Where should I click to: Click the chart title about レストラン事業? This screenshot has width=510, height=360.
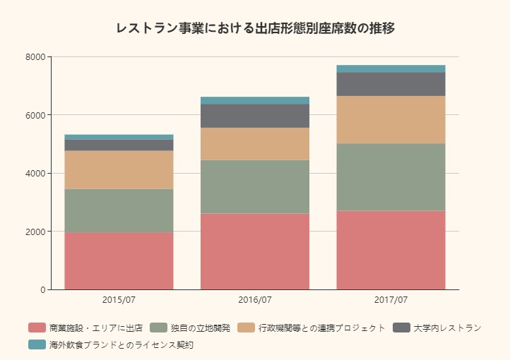pyautogui.click(x=255, y=29)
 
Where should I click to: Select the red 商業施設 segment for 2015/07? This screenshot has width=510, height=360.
pyautogui.click(x=119, y=260)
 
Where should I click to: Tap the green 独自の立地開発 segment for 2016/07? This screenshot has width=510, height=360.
pyautogui.click(x=255, y=186)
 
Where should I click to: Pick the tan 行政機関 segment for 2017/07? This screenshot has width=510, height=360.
pyautogui.click(x=391, y=119)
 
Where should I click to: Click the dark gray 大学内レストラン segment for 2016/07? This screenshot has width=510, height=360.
pyautogui.click(x=255, y=116)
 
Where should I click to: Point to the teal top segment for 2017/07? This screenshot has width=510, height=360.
pyautogui.click(x=391, y=68)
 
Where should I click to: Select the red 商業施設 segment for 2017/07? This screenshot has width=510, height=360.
pyautogui.click(x=391, y=250)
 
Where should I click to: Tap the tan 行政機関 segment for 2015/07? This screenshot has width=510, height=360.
pyautogui.click(x=119, y=169)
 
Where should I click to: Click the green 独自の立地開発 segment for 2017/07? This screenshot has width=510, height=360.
pyautogui.click(x=391, y=176)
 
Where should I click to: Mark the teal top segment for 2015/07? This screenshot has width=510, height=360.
pyautogui.click(x=119, y=137)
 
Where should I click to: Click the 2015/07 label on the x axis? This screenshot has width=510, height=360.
pyautogui.click(x=119, y=300)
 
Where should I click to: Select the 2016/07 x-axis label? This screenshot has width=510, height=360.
pyautogui.click(x=255, y=300)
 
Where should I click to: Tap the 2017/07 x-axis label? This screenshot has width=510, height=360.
pyautogui.click(x=391, y=300)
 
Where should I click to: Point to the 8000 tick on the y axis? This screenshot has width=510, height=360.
pyautogui.click(x=36, y=57)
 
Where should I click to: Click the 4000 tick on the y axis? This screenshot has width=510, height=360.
pyautogui.click(x=36, y=173)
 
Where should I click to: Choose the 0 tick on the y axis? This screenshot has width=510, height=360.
pyautogui.click(x=42, y=289)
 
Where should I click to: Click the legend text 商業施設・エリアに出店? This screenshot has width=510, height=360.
pyautogui.click(x=96, y=328)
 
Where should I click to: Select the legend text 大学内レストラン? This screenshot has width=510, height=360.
pyautogui.click(x=447, y=328)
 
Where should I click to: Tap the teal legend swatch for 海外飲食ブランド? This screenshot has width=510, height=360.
pyautogui.click(x=37, y=345)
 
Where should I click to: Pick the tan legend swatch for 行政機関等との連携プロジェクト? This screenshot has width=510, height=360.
pyautogui.click(x=246, y=328)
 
